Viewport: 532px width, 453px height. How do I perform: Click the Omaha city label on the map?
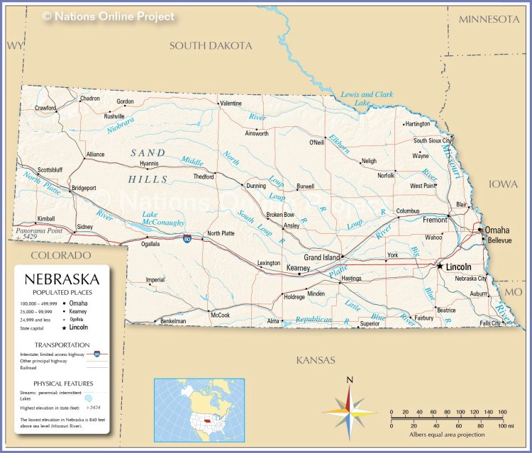tap(498, 230)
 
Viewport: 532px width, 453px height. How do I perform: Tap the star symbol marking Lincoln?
tap(440, 267)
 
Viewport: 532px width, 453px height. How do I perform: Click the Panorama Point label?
tap(38, 231)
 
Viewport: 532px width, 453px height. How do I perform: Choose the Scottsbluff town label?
tap(50, 170)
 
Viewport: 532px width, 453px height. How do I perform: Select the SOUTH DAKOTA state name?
tap(211, 45)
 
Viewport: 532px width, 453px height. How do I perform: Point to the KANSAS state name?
tap(316, 360)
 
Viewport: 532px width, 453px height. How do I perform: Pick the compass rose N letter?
tap(350, 381)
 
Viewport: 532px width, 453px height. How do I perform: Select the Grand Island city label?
tap(322, 257)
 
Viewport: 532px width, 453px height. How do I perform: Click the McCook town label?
tap(220, 315)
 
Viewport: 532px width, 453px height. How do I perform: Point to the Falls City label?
tap(490, 323)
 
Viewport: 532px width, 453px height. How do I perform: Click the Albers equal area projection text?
tap(447, 435)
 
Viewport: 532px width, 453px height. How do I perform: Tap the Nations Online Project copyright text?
tap(108, 16)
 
